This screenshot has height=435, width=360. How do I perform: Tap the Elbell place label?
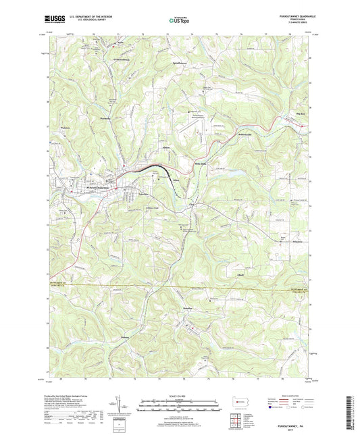(x=238, y=275)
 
